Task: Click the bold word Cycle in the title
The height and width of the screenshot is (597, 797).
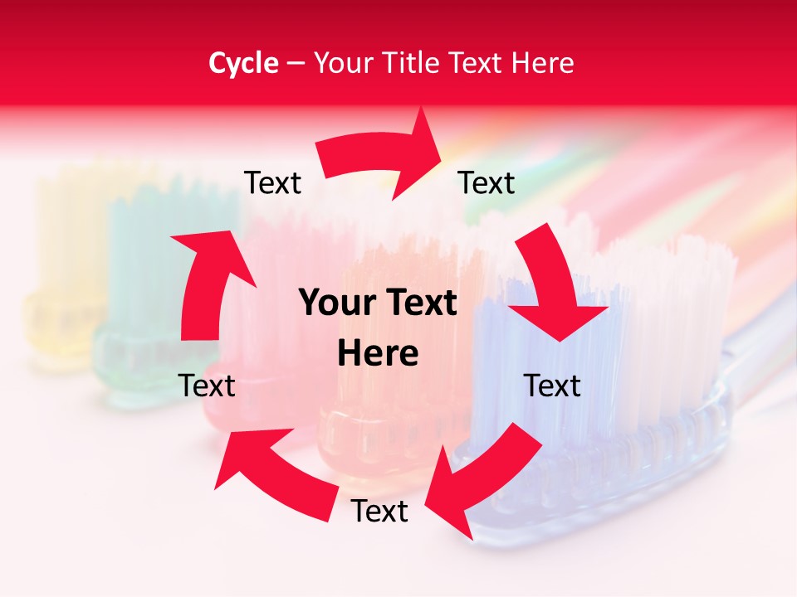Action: point(243,63)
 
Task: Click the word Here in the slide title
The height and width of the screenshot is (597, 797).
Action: point(545,63)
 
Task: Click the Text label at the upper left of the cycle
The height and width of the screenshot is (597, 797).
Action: point(272,182)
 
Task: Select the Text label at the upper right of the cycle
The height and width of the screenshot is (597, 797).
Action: point(487,182)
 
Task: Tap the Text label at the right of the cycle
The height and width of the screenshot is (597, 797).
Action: point(551,386)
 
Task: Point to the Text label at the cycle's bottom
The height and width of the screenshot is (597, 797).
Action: point(379,511)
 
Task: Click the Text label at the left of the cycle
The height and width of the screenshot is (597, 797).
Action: point(207,386)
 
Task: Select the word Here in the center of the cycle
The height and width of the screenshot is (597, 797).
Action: point(378,354)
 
